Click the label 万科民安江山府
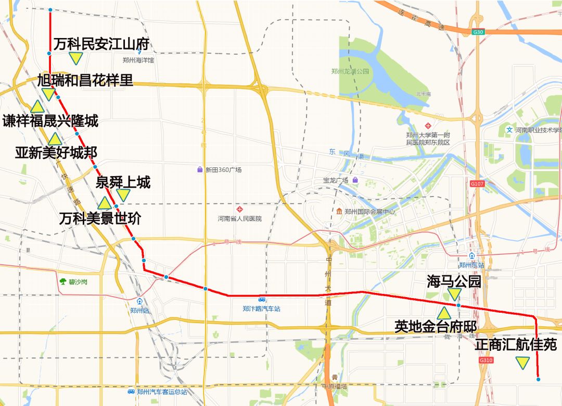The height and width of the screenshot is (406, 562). point(101,44)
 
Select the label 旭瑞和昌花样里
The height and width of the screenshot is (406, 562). point(85,80)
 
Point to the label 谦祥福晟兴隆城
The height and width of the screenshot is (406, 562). point(50,121)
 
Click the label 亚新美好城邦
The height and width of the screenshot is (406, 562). point(56,153)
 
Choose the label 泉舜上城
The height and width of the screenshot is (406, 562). point(123,182)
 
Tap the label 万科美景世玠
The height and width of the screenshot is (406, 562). point(99,218)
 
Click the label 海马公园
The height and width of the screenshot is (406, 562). point(454,282)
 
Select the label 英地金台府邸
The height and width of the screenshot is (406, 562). point(436,327)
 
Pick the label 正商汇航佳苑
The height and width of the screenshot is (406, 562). point(516,345)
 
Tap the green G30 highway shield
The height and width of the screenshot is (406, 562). point(478,32)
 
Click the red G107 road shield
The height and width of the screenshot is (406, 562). point(477,184)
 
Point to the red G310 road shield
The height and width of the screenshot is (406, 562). point(486,360)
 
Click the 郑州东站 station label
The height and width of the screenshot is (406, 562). point(471,265)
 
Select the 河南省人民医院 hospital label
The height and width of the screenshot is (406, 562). point(239,218)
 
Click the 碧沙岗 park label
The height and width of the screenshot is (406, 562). point(72,281)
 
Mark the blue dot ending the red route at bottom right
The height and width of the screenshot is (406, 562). point(538,379)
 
